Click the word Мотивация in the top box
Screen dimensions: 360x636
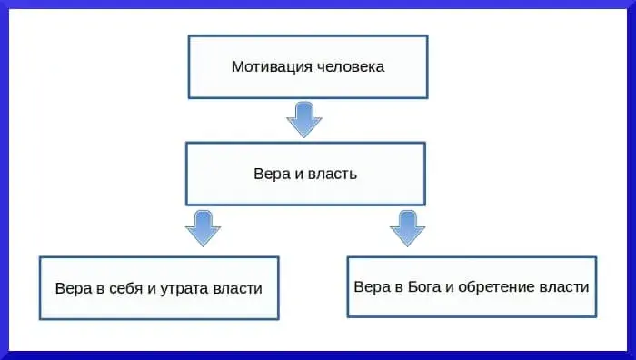point(264,66)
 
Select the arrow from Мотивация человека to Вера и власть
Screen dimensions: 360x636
point(304,118)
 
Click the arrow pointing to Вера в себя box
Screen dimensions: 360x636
point(203,227)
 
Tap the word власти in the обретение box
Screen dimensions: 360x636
point(564,285)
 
